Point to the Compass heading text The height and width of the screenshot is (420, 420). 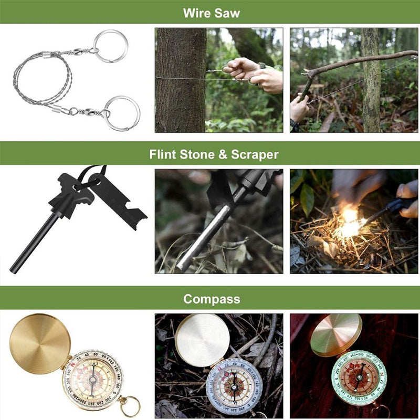212,299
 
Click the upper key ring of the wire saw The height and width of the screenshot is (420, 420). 111,46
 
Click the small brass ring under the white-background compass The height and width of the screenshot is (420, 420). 129,406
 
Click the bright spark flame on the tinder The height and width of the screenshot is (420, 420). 349,220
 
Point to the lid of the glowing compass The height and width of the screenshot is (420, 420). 336,334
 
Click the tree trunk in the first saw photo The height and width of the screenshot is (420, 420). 180,79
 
